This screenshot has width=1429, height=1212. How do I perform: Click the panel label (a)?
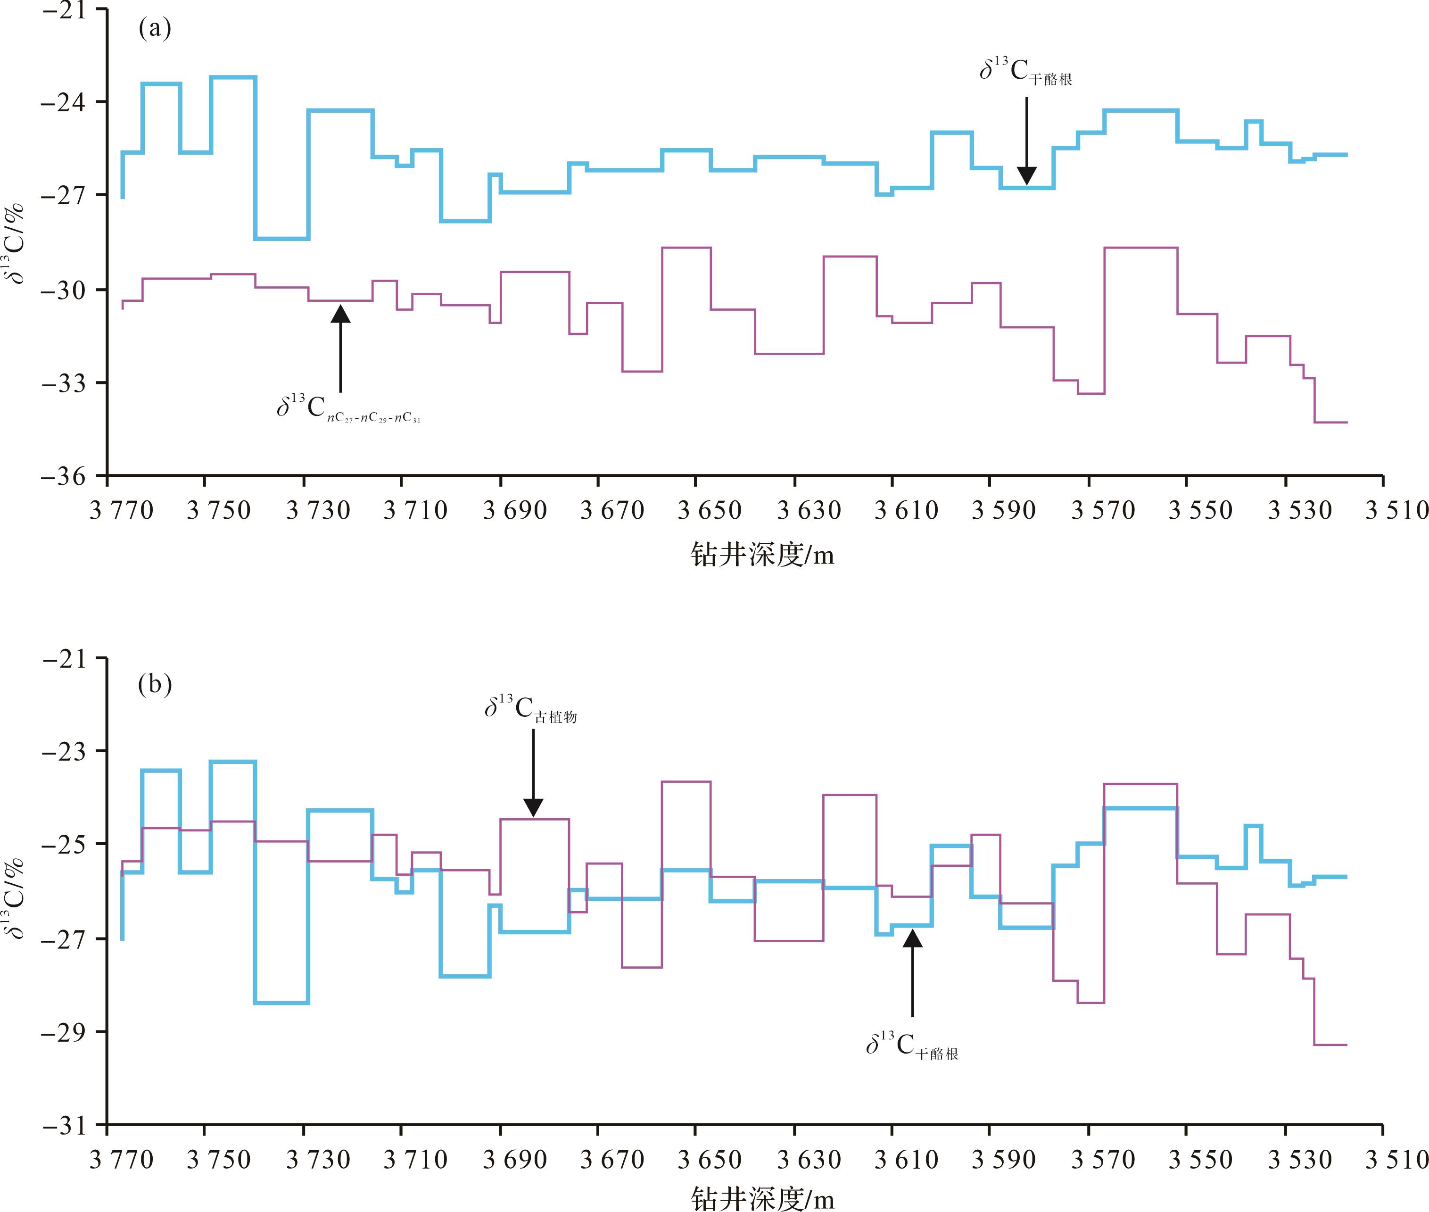point(155,29)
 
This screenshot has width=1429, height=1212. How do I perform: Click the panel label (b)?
point(155,684)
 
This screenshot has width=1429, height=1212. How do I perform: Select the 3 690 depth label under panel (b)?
point(514,1160)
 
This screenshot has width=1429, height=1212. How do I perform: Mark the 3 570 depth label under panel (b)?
point(1103,1160)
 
